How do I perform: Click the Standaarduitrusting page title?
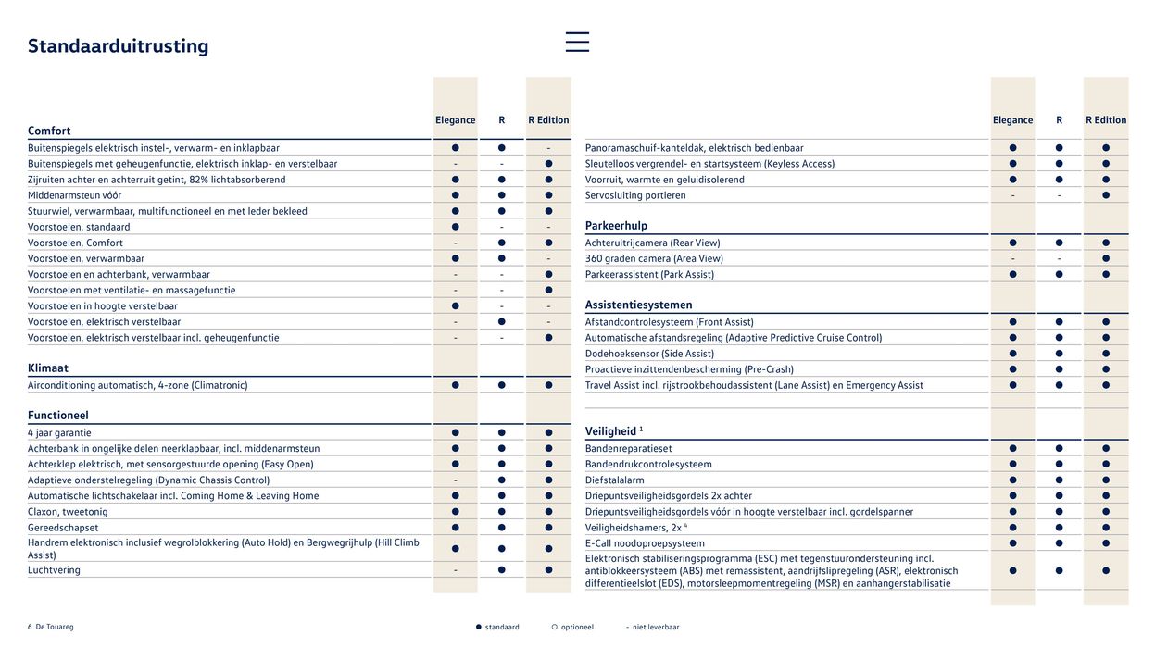pyautogui.click(x=118, y=46)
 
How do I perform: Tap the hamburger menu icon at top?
pyautogui.click(x=577, y=42)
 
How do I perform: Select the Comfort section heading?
pyautogui.click(x=49, y=131)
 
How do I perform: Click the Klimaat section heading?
pyautogui.click(x=48, y=368)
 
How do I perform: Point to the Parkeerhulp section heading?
pyautogui.click(x=616, y=226)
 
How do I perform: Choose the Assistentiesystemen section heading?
pyautogui.click(x=638, y=305)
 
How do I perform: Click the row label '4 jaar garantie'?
pyautogui.click(x=59, y=432)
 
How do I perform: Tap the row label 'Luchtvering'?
pyautogui.click(x=54, y=570)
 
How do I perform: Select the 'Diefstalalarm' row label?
pyautogui.click(x=614, y=480)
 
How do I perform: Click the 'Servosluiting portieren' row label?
pyautogui.click(x=635, y=195)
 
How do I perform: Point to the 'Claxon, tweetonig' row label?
pyautogui.click(x=68, y=512)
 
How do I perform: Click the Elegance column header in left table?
pyautogui.click(x=455, y=120)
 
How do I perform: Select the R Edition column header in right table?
pyautogui.click(x=1106, y=120)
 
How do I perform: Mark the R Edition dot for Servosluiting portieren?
pyautogui.click(x=1106, y=195)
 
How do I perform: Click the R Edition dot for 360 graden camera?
pyautogui.click(x=1106, y=258)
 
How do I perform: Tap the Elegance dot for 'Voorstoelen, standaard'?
pyautogui.click(x=455, y=227)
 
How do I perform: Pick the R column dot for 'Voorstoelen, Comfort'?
pyautogui.click(x=501, y=243)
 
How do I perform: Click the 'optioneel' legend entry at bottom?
pyautogui.click(x=575, y=627)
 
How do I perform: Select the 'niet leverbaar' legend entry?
pyautogui.click(x=655, y=627)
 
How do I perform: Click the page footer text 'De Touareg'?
pyautogui.click(x=54, y=627)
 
